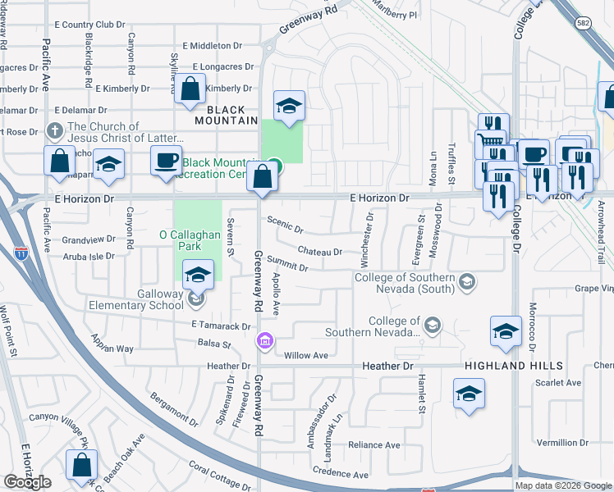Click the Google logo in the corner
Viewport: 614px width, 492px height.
[27, 482]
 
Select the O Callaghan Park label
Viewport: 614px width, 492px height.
[191, 236]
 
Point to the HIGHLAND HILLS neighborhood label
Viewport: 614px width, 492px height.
[513, 365]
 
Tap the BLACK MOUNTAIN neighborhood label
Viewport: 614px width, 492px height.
[227, 115]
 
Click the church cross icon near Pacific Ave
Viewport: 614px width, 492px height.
[55, 130]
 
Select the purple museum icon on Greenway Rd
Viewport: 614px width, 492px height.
[264, 340]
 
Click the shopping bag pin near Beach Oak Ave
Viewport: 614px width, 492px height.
[82, 464]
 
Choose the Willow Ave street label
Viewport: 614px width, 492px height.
[305, 356]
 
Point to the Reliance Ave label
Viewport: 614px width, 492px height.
[373, 445]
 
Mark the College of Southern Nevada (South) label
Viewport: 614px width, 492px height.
[406, 283]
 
